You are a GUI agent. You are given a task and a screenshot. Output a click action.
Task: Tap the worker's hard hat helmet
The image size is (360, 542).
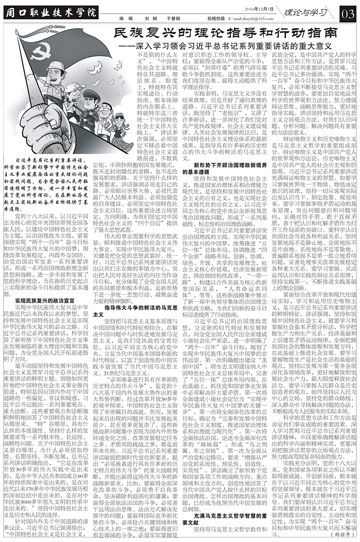click(56, 67)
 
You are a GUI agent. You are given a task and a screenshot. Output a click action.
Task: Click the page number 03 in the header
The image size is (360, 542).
click(349, 13)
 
